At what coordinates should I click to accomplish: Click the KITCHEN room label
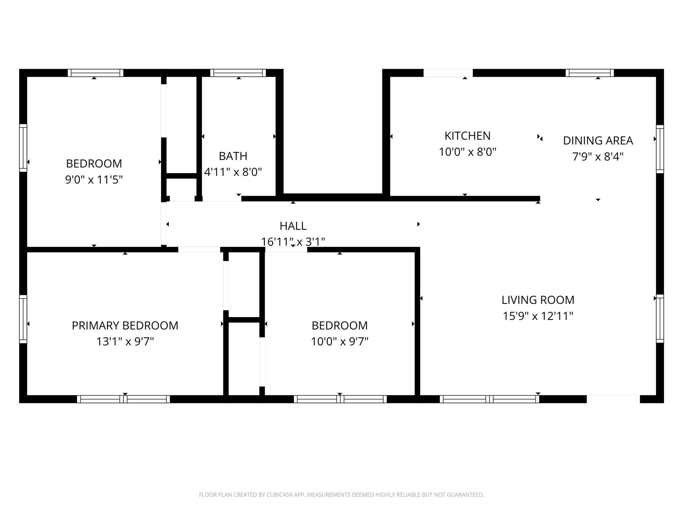point(467,136)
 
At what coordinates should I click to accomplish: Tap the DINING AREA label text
point(598,141)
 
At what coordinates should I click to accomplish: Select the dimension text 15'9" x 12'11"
point(538,316)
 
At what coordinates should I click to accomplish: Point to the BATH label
point(233,156)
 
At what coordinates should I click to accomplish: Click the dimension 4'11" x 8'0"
point(233,172)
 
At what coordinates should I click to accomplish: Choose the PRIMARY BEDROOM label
point(125,326)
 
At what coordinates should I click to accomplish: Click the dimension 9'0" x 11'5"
point(94,180)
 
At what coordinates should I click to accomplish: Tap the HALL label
point(293,226)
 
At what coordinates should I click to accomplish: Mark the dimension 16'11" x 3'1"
point(293,241)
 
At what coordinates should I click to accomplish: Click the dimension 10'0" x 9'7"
point(339,342)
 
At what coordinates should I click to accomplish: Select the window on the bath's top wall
point(238,73)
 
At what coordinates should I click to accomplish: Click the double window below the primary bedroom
point(123,399)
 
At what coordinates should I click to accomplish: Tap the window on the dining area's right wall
point(660,149)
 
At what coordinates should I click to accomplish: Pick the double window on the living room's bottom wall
point(489,399)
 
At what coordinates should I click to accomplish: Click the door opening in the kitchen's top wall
point(448,73)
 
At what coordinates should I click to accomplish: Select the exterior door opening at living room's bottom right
point(613,399)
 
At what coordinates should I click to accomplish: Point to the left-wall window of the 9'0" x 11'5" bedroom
point(23,148)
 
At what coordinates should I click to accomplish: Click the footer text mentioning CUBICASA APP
point(341,495)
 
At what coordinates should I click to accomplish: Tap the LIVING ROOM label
point(538,300)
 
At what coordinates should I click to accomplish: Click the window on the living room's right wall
point(660,318)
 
